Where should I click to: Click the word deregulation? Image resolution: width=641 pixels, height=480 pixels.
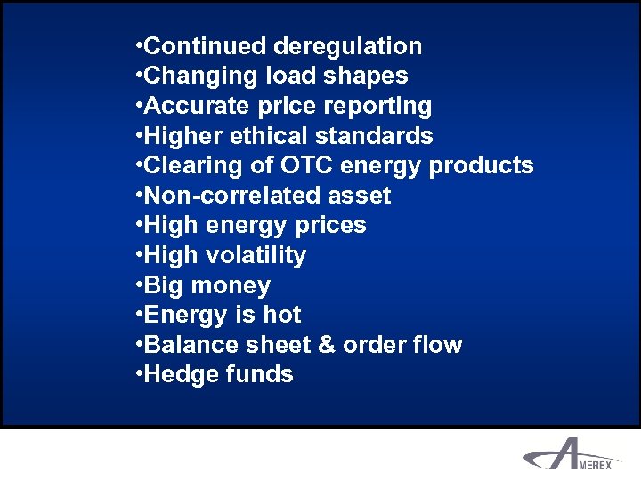[x=348, y=46]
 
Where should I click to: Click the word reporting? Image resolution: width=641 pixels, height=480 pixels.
[x=378, y=107]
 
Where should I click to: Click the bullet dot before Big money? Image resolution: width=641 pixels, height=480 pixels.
[x=138, y=285]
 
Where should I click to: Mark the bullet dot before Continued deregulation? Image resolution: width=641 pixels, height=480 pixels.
[x=138, y=46]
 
